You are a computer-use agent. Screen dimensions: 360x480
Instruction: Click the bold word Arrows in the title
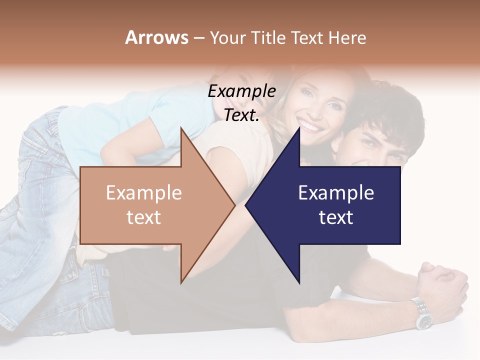pyautogui.click(x=156, y=37)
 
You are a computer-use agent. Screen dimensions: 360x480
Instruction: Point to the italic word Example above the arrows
pyautogui.click(x=241, y=91)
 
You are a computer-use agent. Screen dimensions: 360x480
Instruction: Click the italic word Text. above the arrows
pyautogui.click(x=241, y=115)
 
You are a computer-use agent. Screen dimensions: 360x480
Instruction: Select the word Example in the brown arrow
pyautogui.click(x=144, y=192)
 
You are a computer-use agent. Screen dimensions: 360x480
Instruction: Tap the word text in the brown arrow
pyautogui.click(x=144, y=217)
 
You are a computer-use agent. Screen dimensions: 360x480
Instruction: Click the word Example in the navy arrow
pyautogui.click(x=336, y=192)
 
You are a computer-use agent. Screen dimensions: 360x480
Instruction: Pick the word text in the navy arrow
pyautogui.click(x=336, y=217)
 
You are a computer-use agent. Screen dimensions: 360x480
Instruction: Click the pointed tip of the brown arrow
pyautogui.click(x=234, y=205)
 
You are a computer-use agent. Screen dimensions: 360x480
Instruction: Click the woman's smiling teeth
pyautogui.click(x=311, y=126)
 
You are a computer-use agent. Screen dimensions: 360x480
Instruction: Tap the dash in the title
pyautogui.click(x=198, y=38)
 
